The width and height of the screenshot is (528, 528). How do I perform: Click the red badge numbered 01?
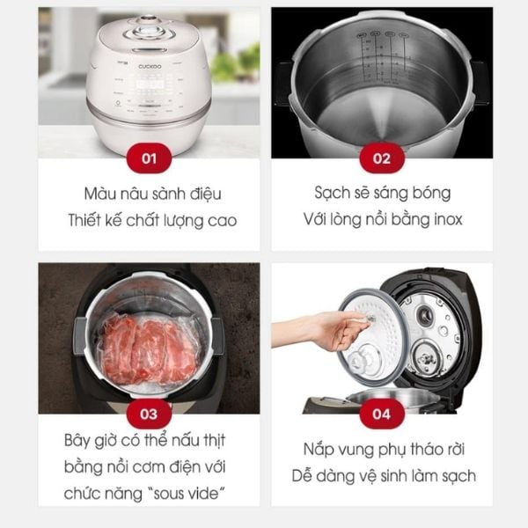[x=149, y=158]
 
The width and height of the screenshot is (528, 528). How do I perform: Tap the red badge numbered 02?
[x=382, y=158]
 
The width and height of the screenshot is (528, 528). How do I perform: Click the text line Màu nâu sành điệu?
[x=149, y=194]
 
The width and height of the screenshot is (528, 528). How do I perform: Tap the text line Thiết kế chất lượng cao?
[x=149, y=220]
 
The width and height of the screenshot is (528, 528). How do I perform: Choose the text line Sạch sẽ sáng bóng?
[x=382, y=194]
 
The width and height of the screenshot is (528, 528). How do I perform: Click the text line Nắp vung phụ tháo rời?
[x=382, y=449]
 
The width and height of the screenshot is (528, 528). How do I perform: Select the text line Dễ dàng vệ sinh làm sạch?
[x=382, y=476]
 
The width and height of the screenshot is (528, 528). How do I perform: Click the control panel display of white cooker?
[x=147, y=89]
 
